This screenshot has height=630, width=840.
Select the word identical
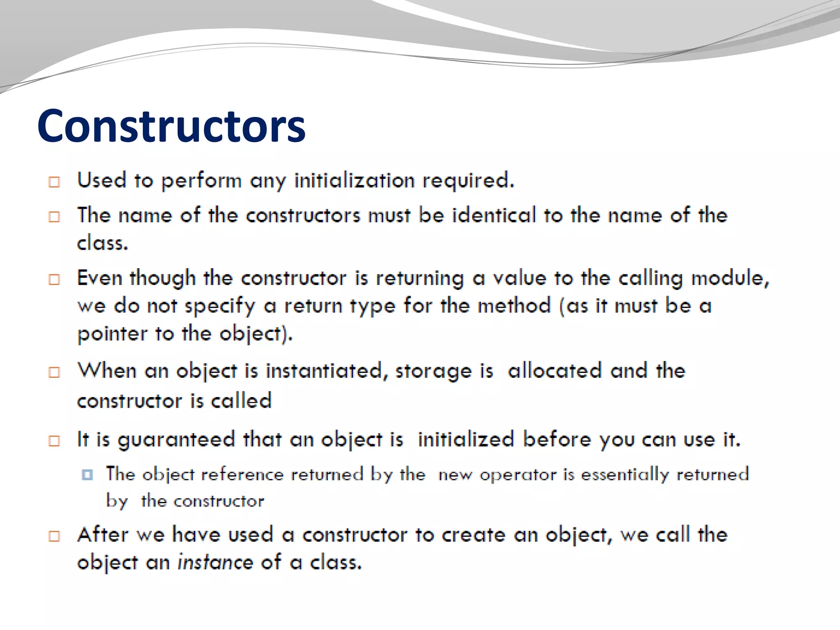point(494,215)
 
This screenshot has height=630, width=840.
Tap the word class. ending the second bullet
point(103,243)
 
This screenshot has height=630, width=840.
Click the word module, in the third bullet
point(730,278)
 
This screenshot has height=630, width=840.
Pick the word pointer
point(112,334)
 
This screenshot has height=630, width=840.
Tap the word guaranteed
point(176,440)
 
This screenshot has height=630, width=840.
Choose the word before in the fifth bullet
point(557,439)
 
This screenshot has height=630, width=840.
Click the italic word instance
point(215,562)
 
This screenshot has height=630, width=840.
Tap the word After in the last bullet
point(103,535)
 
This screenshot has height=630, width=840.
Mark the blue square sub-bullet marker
point(87,475)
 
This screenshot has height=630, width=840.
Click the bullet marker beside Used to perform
point(54,182)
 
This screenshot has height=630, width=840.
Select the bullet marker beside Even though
point(54,280)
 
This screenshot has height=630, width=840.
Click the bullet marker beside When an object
point(54,372)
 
